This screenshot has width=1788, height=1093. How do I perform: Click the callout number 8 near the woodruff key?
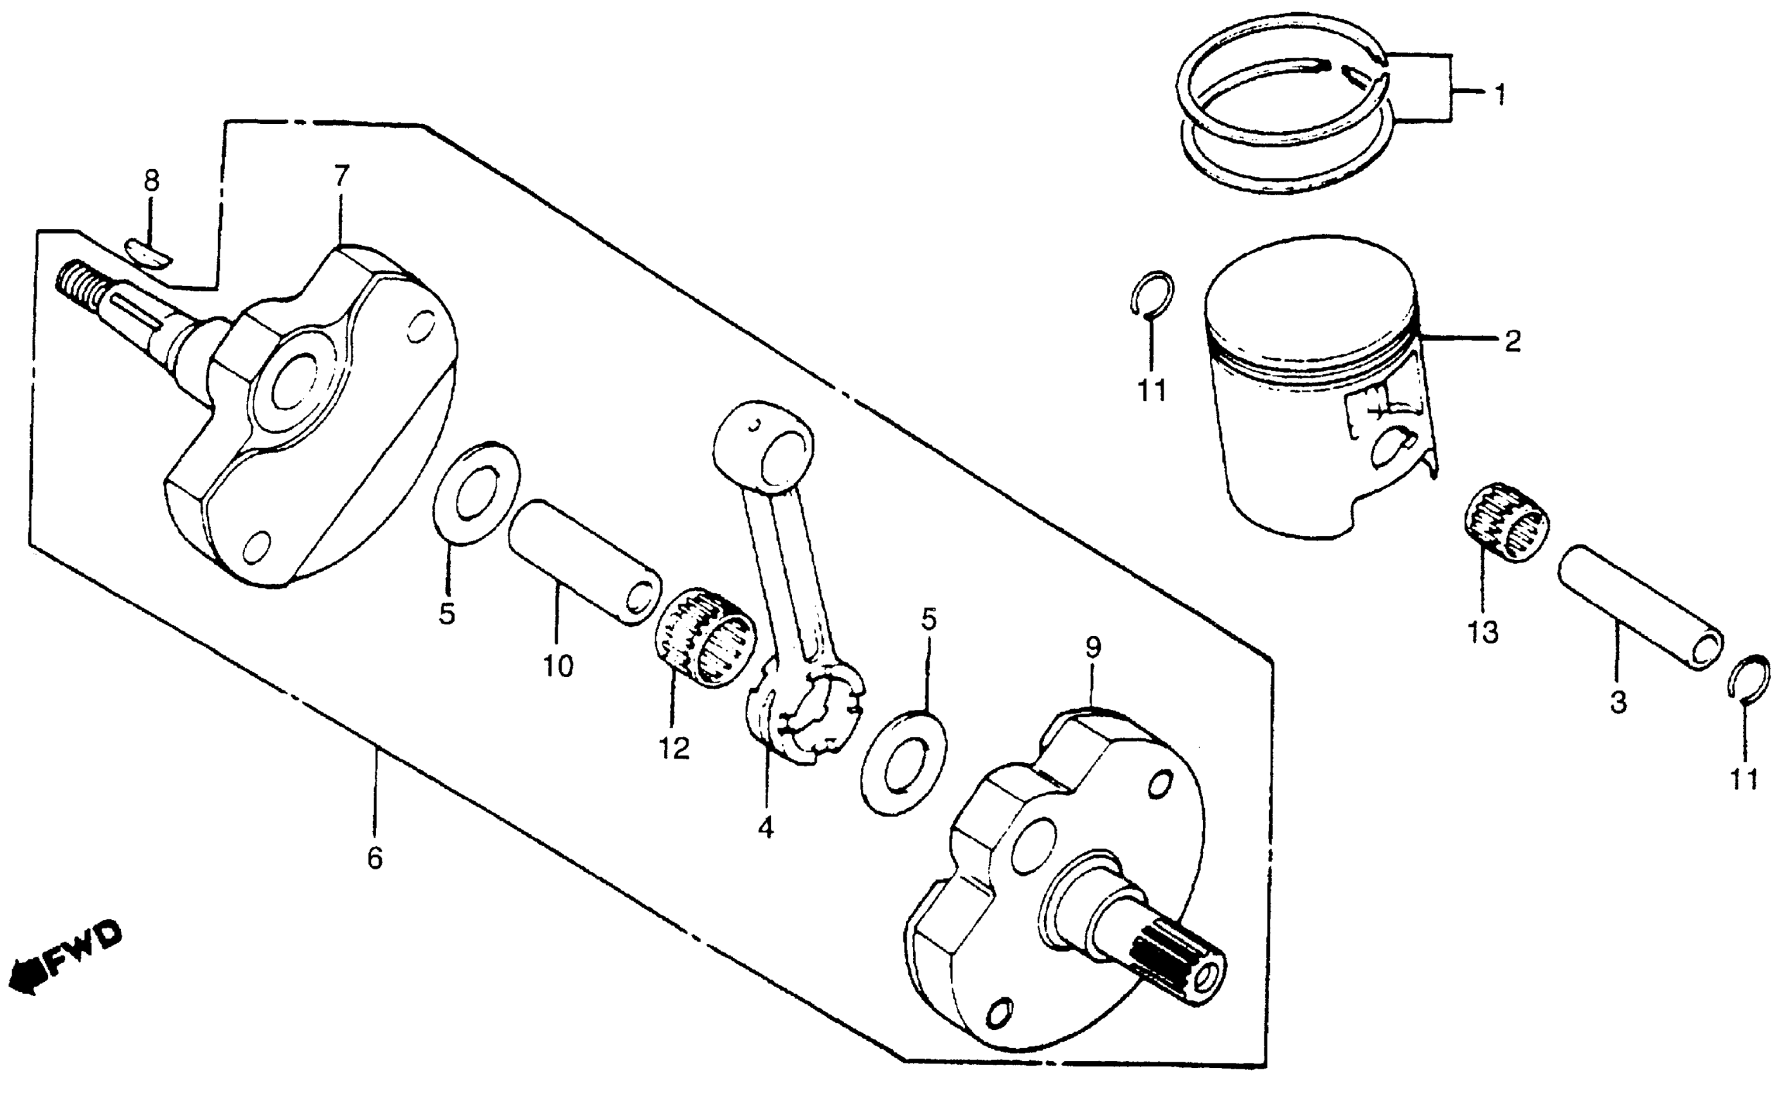click(x=151, y=181)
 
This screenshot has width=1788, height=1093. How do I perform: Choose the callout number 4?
click(x=766, y=828)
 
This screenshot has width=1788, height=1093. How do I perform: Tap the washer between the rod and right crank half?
click(x=903, y=762)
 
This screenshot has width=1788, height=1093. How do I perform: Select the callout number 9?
click(x=1093, y=647)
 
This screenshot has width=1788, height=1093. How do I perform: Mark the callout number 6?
click(x=374, y=858)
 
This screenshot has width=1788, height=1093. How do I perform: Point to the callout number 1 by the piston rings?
click(x=1499, y=94)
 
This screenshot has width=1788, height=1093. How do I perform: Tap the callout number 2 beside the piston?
click(x=1512, y=340)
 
